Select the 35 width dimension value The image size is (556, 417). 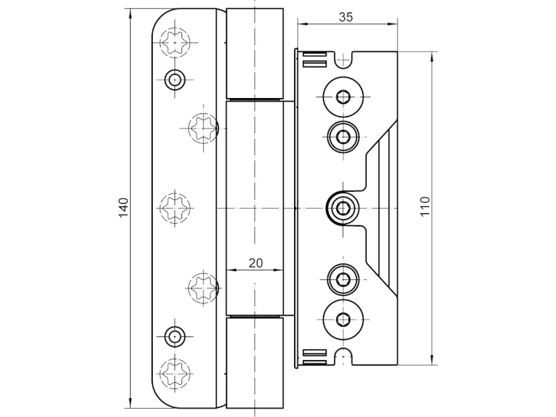point(345,18)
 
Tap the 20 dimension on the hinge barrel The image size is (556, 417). point(255,263)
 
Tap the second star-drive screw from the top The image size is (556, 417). point(203,127)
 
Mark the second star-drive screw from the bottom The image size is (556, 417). point(203,286)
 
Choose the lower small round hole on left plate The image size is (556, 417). point(174,337)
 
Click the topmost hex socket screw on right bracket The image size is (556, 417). point(342,97)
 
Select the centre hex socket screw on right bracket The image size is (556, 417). point(342,207)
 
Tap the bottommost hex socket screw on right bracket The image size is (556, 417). point(342,319)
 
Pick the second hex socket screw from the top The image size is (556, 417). point(342,136)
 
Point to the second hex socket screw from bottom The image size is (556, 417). point(342,280)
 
